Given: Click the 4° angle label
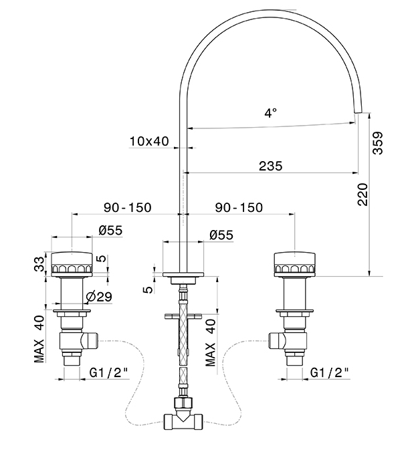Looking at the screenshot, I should [x=270, y=113].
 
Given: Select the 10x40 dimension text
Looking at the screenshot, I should [x=148, y=141].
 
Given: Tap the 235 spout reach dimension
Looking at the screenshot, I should [x=270, y=166].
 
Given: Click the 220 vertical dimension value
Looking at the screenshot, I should [x=362, y=194].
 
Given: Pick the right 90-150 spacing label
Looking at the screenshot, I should [x=239, y=208].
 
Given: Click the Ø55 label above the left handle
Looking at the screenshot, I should [x=110, y=231].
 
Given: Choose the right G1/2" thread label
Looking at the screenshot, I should [x=330, y=372].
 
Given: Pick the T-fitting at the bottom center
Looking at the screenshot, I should [x=181, y=421].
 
